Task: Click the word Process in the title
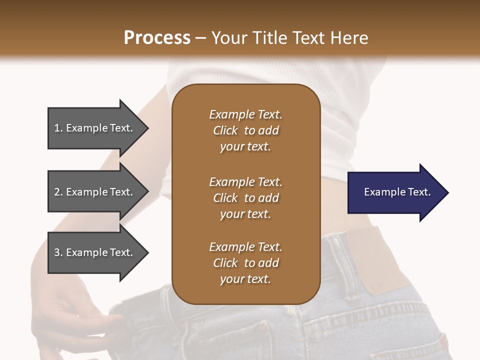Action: click(157, 38)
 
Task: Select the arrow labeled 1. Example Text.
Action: click(95, 128)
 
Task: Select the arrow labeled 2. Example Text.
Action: click(95, 192)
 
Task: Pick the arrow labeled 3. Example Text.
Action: click(95, 252)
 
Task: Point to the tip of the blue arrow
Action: click(447, 192)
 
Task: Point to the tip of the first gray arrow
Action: click(147, 128)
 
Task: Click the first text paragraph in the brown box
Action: click(245, 130)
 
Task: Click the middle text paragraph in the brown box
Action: click(245, 197)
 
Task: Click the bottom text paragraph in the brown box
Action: click(245, 263)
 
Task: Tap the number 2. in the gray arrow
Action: click(58, 192)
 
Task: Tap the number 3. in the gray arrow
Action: click(58, 252)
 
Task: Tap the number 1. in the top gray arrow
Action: click(58, 128)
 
